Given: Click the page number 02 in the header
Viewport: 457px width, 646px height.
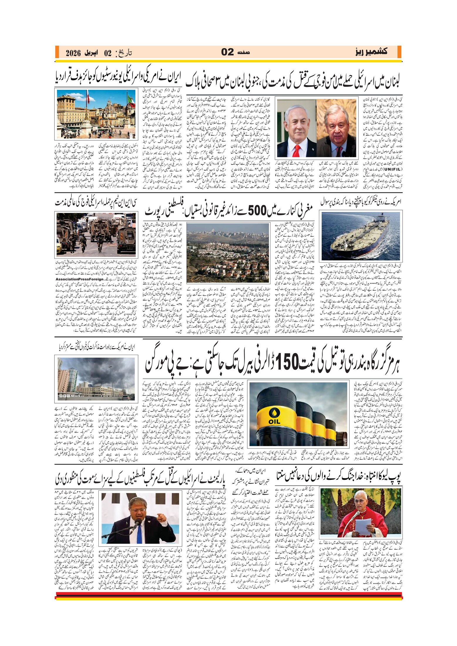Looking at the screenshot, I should pyautogui.click(x=227, y=52).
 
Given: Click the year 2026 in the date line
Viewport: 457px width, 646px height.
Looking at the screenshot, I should pyautogui.click(x=73, y=53).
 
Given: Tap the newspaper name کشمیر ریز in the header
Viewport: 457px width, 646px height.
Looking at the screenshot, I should pyautogui.click(x=371, y=52).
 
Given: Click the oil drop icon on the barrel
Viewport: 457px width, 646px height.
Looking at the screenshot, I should pyautogui.click(x=273, y=413).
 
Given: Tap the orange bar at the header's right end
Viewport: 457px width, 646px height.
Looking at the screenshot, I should pyautogui.click(x=399, y=52).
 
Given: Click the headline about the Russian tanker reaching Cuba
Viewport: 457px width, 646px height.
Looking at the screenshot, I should pyautogui.click(x=361, y=202).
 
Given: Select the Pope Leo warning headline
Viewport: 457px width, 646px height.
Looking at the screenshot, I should pyautogui.click(x=339, y=478).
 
